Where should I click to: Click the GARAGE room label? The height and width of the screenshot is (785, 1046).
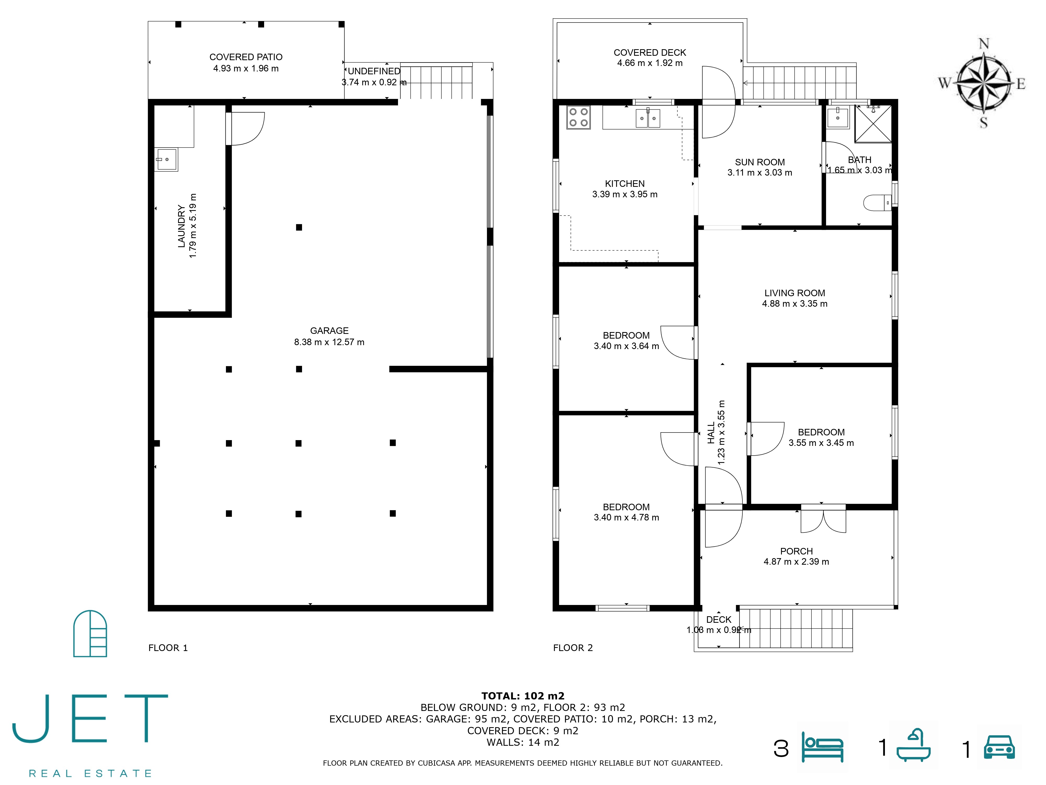click(x=329, y=331)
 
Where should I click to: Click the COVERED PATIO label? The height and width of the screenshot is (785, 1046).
click(x=246, y=57)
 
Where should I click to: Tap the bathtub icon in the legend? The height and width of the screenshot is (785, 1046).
click(x=914, y=745)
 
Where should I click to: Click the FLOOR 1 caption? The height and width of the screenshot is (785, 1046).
click(x=168, y=648)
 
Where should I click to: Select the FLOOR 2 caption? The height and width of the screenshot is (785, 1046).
click(x=573, y=648)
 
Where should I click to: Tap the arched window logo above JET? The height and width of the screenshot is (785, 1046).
click(x=90, y=633)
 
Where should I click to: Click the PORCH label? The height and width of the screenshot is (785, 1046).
click(x=796, y=551)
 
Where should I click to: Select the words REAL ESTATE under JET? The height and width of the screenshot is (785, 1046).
click(x=90, y=774)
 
